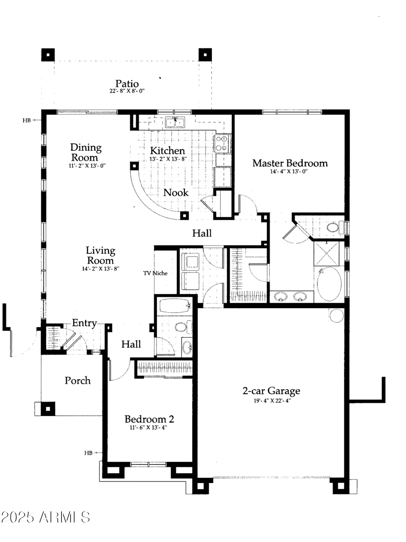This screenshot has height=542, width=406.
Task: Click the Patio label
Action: [127, 83]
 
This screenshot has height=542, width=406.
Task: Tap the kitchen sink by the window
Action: [175, 122]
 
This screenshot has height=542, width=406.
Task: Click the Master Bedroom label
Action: [290, 163]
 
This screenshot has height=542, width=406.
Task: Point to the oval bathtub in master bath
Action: [329, 284]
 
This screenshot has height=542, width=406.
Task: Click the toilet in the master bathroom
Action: [333, 228]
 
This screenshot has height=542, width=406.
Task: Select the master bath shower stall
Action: [326, 254]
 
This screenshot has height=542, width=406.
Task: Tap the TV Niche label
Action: [155, 273]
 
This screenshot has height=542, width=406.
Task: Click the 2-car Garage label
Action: [271, 391]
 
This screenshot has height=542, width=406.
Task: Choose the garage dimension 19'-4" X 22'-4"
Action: [272, 400]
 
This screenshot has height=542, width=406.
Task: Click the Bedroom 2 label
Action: [149, 419]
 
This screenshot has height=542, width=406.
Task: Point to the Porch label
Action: [77, 380]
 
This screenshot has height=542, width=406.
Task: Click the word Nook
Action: [176, 193]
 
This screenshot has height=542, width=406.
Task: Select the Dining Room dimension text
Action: [87, 166]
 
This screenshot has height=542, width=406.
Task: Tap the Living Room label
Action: [100, 255]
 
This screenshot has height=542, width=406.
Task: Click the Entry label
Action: [84, 323]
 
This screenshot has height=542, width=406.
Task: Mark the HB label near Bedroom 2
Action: [88, 453]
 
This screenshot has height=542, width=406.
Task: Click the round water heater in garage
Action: [336, 315]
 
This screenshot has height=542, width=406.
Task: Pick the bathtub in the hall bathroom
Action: [175, 306]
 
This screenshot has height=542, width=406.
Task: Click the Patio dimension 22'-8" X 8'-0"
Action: [127, 91]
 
